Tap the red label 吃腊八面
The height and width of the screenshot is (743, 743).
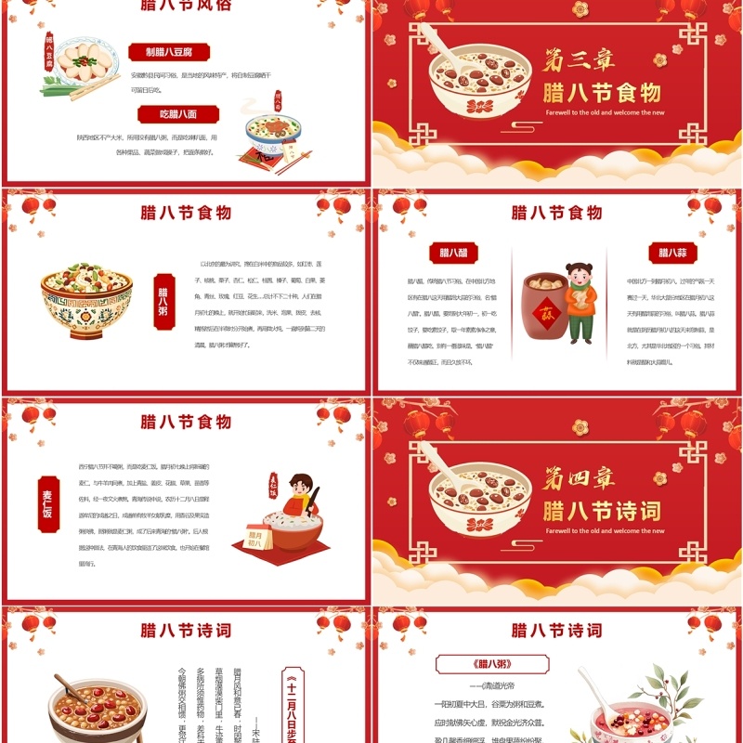click(177, 114)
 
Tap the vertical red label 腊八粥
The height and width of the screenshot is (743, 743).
click(163, 297)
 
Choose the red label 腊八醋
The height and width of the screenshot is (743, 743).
click(453, 253)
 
